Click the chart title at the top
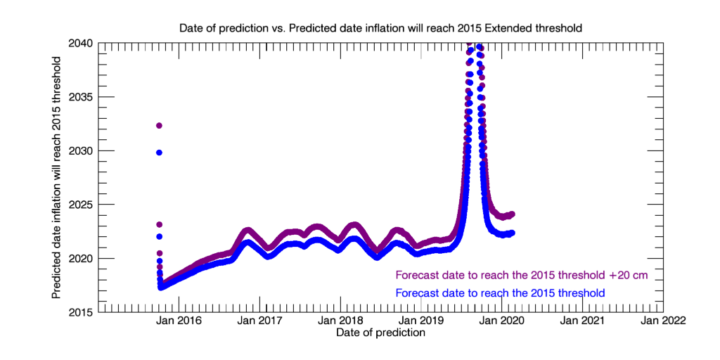tap(380, 28)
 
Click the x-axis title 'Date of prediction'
tap(380, 332)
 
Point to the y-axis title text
tap(56, 177)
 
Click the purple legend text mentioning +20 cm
tap(522, 275)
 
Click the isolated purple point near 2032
tap(160, 125)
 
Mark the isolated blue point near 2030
tap(160, 153)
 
